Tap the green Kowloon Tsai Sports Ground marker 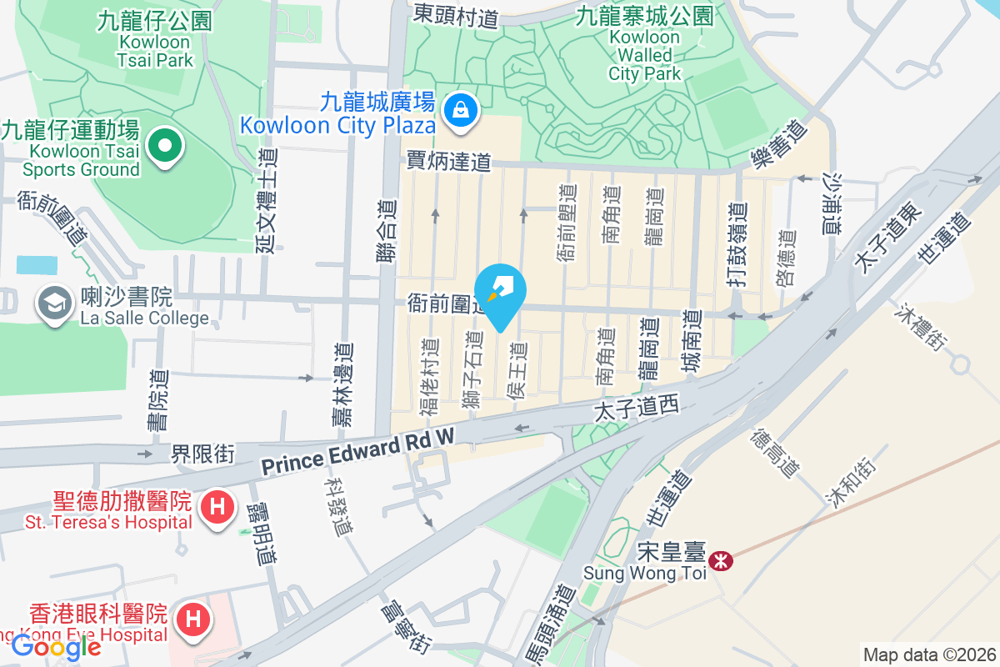(165, 147)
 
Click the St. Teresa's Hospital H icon (217, 506)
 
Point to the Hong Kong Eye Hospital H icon (192, 619)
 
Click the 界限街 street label (203, 454)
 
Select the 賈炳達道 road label (448, 162)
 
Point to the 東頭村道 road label (456, 15)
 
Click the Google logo (56, 647)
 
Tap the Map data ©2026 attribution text (928, 654)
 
